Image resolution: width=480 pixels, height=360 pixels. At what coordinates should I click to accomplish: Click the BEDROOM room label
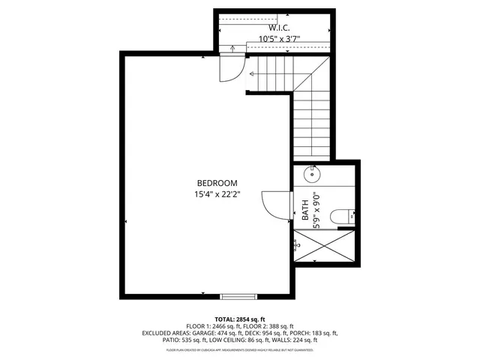(217, 183)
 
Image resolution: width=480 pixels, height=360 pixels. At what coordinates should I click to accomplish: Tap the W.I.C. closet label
(273, 28)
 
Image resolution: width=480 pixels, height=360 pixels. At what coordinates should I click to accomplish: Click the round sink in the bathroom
(312, 175)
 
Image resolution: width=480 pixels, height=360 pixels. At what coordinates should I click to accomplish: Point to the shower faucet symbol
(298, 244)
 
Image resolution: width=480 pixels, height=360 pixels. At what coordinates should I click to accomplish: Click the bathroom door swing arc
(274, 205)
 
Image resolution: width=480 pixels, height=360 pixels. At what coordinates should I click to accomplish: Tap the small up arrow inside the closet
(232, 49)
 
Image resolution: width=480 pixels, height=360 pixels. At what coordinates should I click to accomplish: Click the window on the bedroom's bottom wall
(232, 295)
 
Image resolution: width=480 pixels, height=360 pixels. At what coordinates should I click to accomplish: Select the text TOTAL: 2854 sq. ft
(240, 319)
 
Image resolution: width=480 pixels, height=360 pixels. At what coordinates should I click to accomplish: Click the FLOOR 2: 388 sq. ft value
(271, 326)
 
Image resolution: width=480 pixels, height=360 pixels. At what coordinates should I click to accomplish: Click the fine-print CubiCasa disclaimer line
(240, 349)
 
